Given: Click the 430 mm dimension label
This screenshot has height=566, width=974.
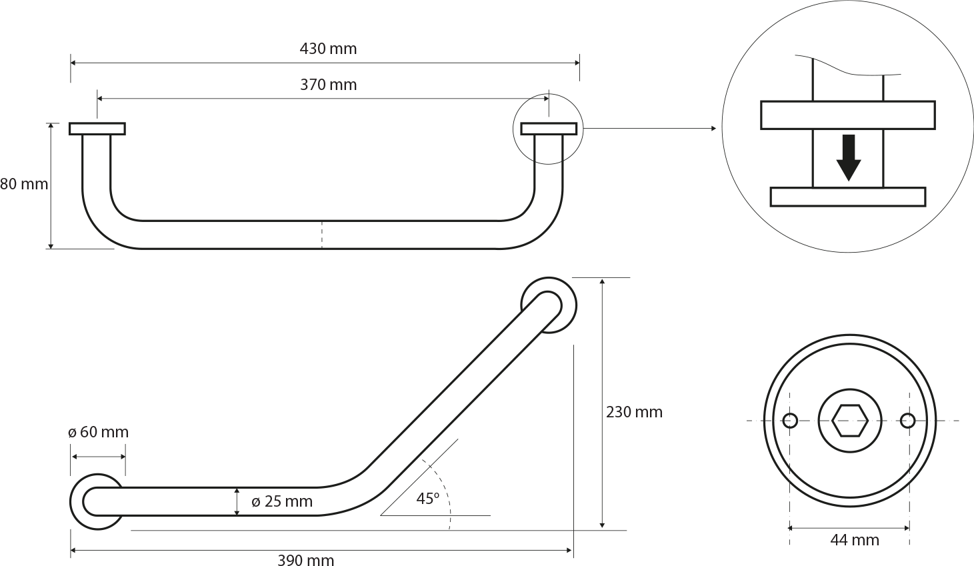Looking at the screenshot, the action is (x=328, y=49).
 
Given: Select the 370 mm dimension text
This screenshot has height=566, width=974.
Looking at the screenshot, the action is (x=328, y=85).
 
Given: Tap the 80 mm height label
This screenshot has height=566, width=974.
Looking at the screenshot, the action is (x=24, y=184).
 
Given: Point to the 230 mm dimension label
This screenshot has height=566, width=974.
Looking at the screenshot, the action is (x=635, y=412).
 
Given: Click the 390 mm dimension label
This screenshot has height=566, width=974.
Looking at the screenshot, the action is (x=306, y=560).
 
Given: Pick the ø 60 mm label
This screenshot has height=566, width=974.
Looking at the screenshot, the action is (x=98, y=432).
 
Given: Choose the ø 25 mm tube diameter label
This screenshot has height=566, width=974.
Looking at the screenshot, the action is (x=282, y=501).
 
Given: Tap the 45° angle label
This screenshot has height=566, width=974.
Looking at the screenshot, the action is (x=428, y=499).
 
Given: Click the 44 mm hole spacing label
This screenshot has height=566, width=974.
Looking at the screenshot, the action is (x=855, y=541).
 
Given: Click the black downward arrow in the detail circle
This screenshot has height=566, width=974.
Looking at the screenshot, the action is (x=849, y=157).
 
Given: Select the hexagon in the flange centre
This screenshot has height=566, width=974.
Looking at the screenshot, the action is (x=849, y=421).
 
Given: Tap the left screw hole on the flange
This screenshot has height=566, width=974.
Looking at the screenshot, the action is (x=790, y=421).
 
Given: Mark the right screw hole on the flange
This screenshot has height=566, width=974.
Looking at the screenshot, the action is (x=908, y=421).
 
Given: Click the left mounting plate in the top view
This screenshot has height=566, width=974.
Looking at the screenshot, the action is (x=97, y=129).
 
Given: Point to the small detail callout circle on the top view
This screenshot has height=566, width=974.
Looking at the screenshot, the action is (x=513, y=129).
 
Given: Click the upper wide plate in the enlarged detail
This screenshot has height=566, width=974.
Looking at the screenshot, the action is (x=848, y=115).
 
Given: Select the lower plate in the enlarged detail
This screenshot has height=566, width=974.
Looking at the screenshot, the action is (x=848, y=197).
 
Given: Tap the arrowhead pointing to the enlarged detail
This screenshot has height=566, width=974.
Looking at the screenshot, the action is (x=713, y=128).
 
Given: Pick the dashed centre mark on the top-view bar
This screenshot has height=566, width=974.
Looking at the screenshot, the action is (x=322, y=235).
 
